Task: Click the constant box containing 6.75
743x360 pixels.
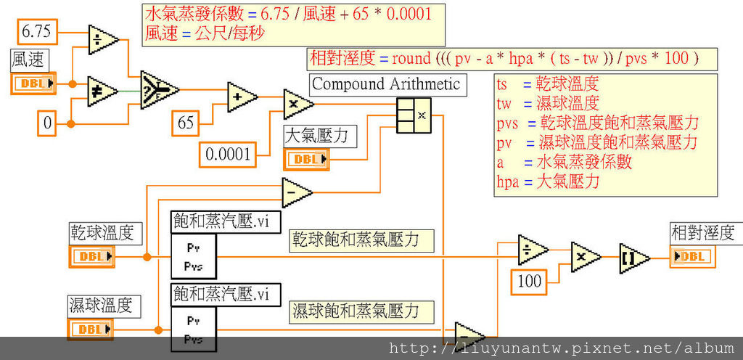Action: point(36,32)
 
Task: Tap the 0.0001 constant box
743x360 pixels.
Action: point(228,153)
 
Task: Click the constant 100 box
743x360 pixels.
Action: point(530,281)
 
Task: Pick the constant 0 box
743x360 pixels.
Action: point(47,124)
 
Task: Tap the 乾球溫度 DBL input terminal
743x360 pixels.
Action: point(92,256)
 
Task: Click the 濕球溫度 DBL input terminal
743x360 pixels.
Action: point(91,330)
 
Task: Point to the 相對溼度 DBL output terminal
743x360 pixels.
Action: point(692,256)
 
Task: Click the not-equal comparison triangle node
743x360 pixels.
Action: point(103,91)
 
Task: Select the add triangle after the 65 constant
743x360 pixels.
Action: point(242,96)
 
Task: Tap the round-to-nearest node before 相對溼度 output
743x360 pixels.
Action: point(634,258)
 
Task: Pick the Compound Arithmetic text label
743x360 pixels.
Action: point(386,84)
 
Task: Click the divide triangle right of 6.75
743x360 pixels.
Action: point(103,39)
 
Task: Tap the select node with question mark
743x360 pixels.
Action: point(158,89)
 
